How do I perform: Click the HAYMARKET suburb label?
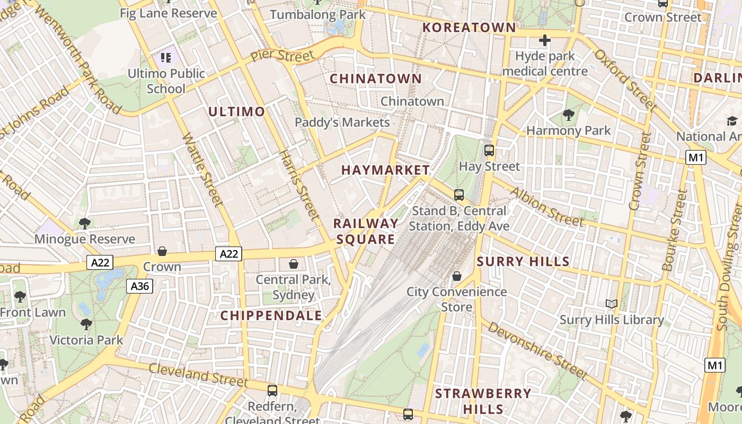tap(385, 170)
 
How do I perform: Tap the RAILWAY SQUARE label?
tap(366, 231)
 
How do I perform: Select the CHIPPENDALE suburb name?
tap(271, 316)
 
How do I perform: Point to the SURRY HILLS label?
tap(523, 261)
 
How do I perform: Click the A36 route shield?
tap(140, 287)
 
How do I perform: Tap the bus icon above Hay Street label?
tap(489, 151)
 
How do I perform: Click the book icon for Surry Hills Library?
tap(612, 304)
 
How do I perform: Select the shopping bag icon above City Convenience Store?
tap(457, 276)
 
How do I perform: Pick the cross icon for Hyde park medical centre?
tap(545, 40)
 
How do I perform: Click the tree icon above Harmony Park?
tap(568, 114)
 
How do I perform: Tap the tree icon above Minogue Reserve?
tap(84, 223)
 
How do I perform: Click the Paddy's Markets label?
tap(342, 122)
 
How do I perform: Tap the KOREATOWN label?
tap(469, 28)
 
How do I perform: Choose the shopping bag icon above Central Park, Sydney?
tap(294, 263)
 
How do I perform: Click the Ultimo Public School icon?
tap(166, 57)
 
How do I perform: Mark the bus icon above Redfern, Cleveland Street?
tap(272, 391)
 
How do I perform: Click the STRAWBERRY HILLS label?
tap(483, 401)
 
